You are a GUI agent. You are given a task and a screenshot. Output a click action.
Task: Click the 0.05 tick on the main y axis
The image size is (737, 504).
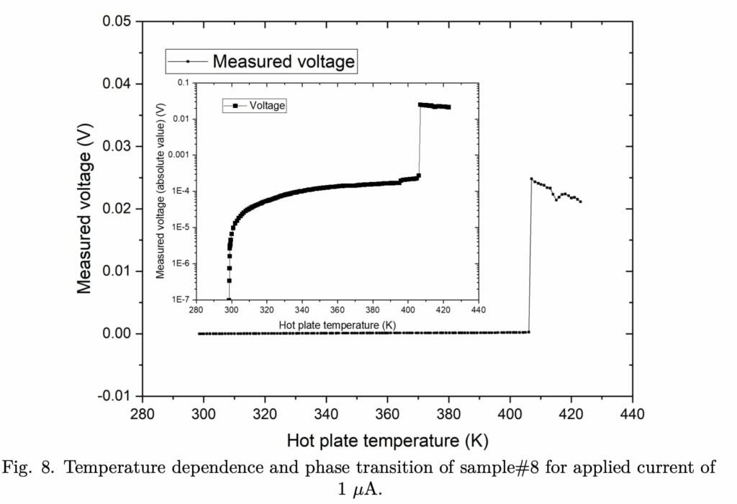[116, 22]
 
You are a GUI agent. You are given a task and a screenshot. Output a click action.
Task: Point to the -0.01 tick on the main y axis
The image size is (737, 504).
[114, 396]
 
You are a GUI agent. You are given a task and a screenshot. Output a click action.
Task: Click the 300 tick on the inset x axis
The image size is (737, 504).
[230, 312]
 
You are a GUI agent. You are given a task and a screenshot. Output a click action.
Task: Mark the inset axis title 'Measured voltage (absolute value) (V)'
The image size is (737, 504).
[160, 190]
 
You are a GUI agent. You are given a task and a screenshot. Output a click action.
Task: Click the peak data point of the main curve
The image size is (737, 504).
[531, 179]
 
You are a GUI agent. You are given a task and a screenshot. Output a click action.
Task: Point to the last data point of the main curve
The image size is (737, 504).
[580, 201]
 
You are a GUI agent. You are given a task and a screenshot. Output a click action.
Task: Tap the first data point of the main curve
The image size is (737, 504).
[199, 333]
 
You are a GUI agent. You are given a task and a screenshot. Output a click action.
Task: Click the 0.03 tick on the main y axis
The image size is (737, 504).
[116, 146]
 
